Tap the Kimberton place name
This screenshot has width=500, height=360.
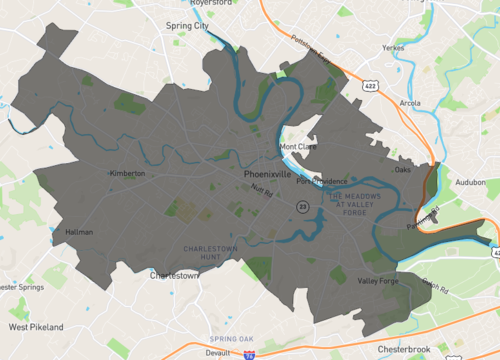coord(127,173)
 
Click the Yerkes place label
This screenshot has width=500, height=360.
coord(391,47)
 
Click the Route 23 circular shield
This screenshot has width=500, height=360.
coord(301,205)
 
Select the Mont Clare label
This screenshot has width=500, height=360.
coord(297,146)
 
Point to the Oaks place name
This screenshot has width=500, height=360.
coord(402,170)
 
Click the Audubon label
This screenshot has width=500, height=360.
coord(469,183)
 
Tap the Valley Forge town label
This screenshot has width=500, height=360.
coord(378,281)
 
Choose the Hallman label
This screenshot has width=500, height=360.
coord(79,232)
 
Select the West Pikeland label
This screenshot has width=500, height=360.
coord(35,327)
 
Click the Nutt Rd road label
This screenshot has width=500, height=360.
coord(262,190)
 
